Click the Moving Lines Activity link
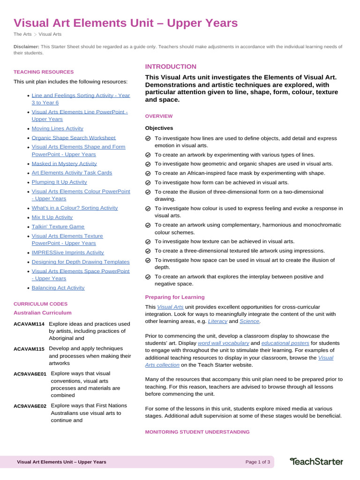click(x=57, y=128)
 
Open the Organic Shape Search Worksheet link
click(x=73, y=138)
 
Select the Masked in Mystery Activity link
click(x=64, y=164)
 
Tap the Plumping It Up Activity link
click(x=59, y=182)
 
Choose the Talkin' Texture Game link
click(x=58, y=226)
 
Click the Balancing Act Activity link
click(x=58, y=288)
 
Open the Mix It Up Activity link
click(x=52, y=217)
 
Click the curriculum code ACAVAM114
click(x=29, y=324)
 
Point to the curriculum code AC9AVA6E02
click(x=30, y=405)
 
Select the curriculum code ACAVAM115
click(x=29, y=349)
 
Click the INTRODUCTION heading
click(x=171, y=67)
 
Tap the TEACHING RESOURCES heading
click(x=44, y=72)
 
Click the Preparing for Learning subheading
click(x=174, y=297)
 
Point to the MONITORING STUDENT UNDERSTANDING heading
click(x=197, y=432)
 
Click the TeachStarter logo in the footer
click(x=316, y=462)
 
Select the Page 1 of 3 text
click(x=257, y=462)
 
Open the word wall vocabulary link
click(x=223, y=343)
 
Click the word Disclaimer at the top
click(x=26, y=47)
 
